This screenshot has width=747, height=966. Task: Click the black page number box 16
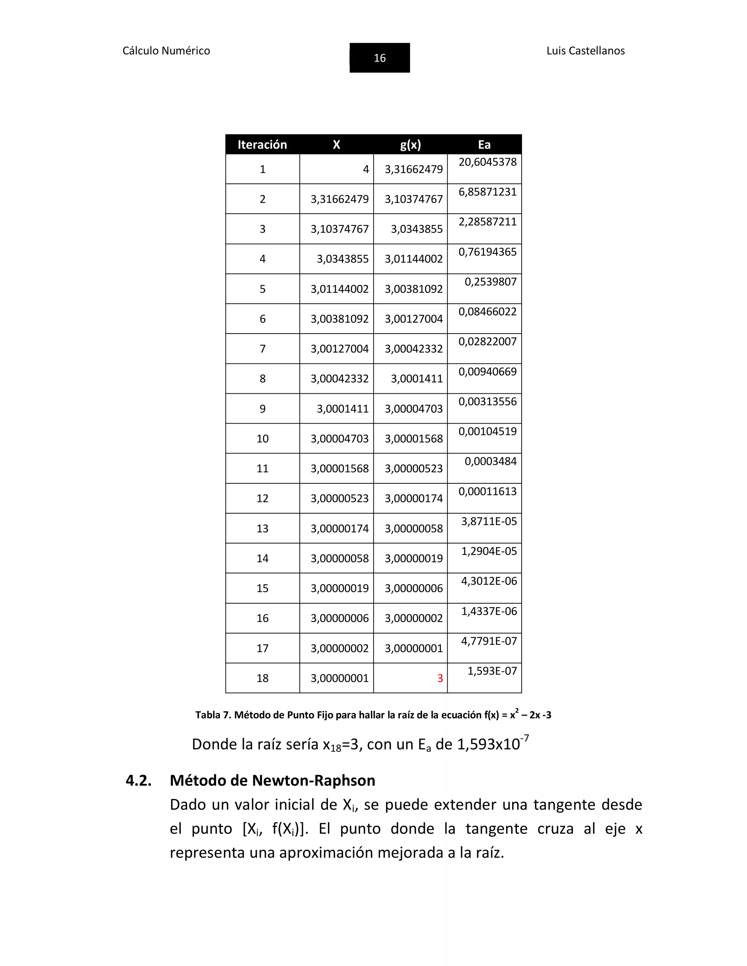379,58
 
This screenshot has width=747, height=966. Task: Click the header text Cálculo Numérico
166,51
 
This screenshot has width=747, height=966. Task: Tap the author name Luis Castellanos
585,51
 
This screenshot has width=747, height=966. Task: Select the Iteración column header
262,145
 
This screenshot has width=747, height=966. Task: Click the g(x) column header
410,145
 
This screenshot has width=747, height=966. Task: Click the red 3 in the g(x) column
440,678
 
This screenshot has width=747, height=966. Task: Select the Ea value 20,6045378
487,162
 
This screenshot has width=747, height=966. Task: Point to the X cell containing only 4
365,170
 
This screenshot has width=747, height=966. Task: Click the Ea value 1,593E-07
492,671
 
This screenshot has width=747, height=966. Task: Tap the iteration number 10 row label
262,439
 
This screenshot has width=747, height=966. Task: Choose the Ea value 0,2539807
490,282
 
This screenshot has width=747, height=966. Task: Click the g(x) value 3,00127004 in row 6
413,319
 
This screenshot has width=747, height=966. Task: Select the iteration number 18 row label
262,678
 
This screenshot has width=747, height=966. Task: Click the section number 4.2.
139,781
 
